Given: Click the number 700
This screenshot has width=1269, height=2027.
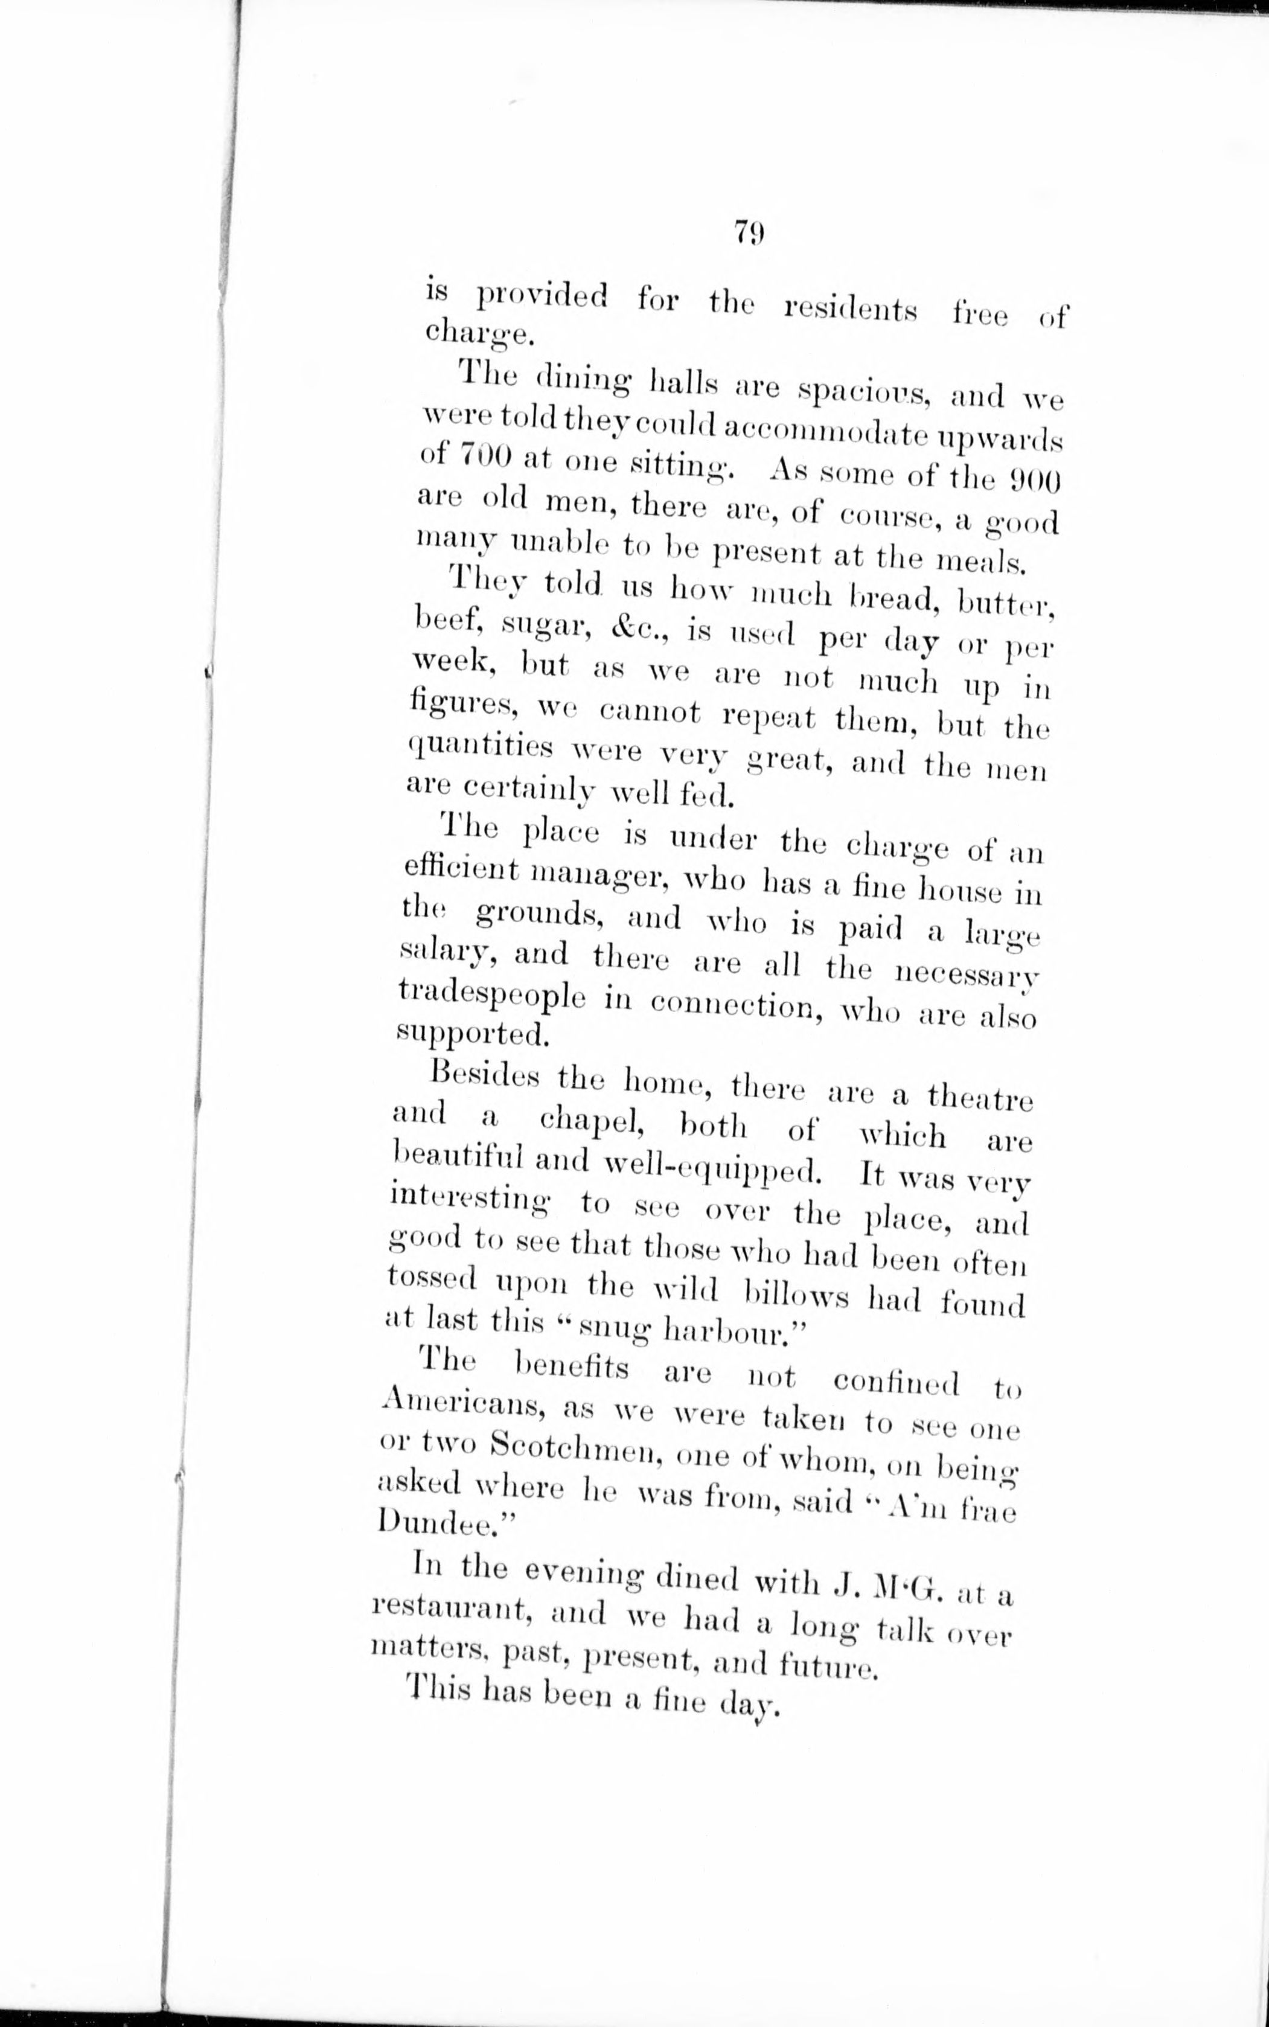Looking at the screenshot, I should coord(485,456).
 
